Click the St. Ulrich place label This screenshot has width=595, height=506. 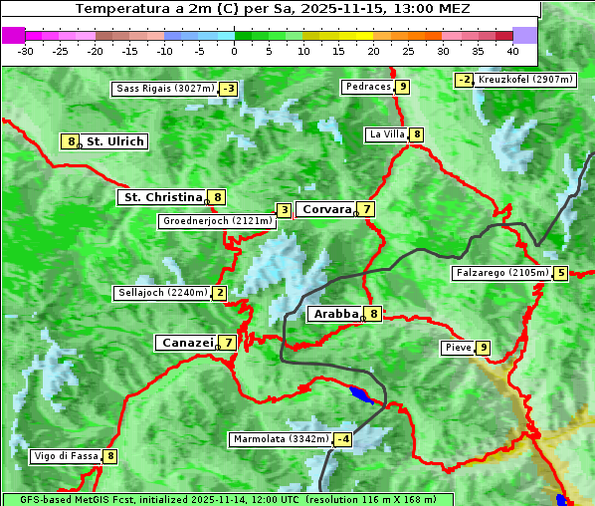[x=114, y=141]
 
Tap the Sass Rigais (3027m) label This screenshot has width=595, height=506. [x=164, y=89]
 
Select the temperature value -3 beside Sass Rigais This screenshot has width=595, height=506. [x=229, y=89]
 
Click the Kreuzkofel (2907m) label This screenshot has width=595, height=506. [x=524, y=80]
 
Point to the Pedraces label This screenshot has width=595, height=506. [x=367, y=88]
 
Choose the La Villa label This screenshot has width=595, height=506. [x=386, y=134]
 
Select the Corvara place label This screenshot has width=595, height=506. [x=326, y=209]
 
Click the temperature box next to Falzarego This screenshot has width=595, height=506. [x=561, y=273]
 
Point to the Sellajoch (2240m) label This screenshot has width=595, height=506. [x=161, y=293]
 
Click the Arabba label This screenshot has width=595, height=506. [x=336, y=314]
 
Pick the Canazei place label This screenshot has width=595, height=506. [x=186, y=343]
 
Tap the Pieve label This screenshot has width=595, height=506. [x=458, y=348]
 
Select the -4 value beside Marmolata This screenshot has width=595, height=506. [x=343, y=439]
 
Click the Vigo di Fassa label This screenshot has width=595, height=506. [x=66, y=457]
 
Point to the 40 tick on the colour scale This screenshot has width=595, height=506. [x=512, y=50]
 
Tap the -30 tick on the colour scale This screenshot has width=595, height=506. [x=26, y=50]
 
